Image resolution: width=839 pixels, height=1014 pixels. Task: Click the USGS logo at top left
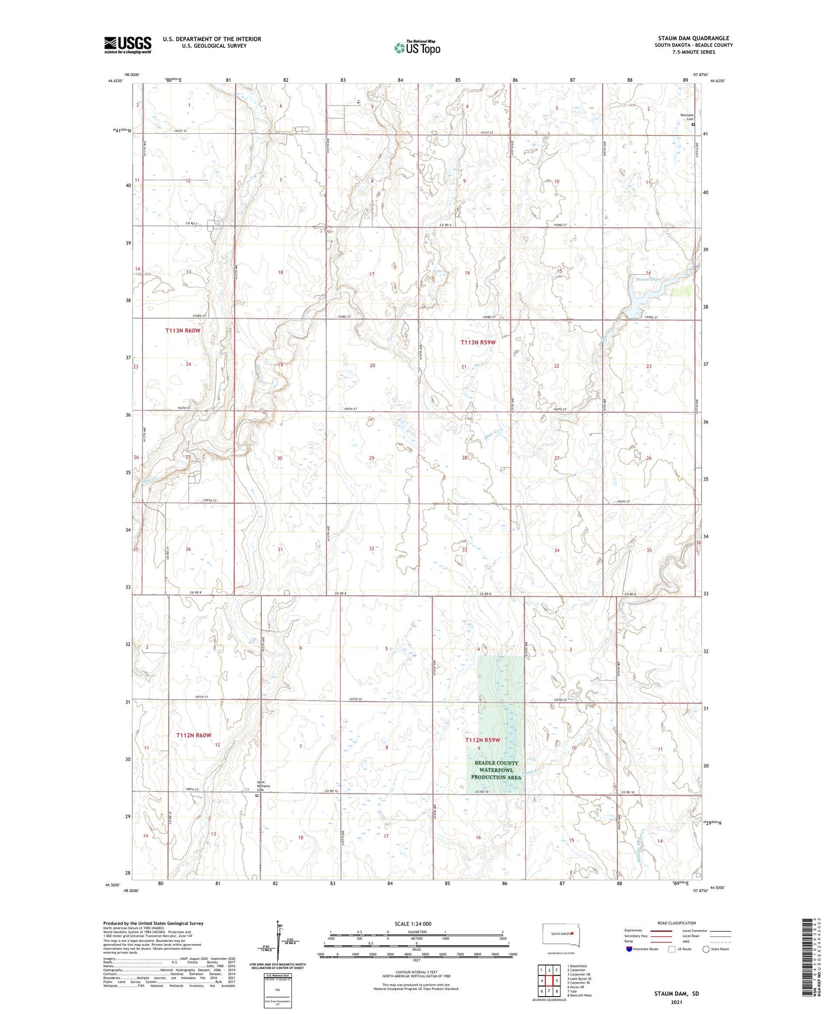coord(128,45)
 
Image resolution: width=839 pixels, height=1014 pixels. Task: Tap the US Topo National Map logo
coord(417,48)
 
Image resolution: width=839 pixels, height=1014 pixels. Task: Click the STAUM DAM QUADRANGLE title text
coord(693,38)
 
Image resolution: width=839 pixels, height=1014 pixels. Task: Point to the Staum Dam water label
coord(648,279)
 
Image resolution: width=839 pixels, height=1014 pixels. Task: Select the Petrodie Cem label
coord(686,117)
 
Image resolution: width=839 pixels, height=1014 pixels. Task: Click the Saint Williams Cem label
coord(263,785)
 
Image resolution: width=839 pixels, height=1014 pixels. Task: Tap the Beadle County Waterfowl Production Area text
coord(496,770)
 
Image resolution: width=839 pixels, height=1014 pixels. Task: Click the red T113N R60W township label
coord(182,331)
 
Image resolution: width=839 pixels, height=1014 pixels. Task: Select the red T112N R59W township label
coord(483,740)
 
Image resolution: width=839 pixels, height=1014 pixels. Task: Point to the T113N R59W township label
coord(478,342)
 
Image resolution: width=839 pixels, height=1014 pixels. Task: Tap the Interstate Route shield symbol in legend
coord(629,949)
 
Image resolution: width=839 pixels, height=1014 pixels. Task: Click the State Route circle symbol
coord(706,949)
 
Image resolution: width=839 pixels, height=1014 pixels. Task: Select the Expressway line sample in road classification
coord(664,931)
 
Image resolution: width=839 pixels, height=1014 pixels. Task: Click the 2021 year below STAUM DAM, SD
coord(677,1002)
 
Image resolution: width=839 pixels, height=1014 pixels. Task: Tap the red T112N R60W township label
coord(194,735)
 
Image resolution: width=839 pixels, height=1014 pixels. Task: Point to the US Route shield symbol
coord(672,949)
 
